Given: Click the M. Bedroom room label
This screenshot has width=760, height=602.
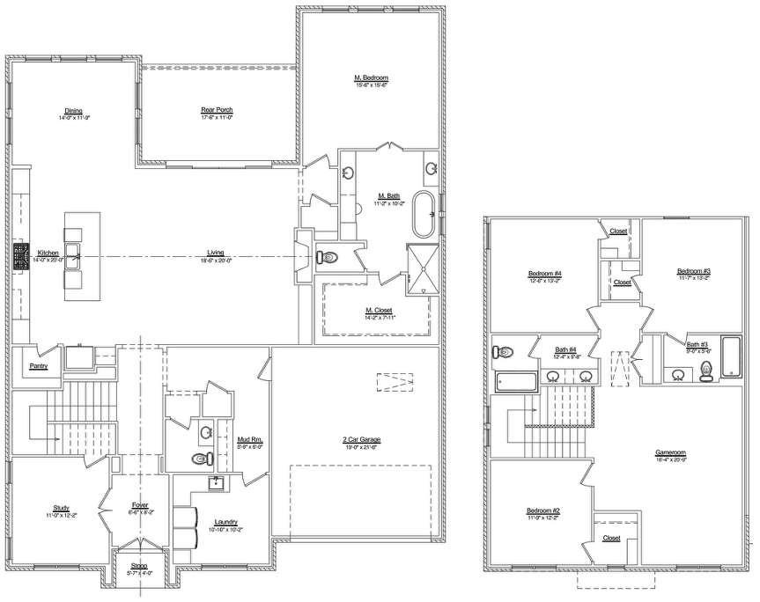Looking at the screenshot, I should (370, 77).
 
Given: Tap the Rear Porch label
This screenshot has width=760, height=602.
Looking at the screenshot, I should (217, 109).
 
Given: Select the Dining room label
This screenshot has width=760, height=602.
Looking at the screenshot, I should (74, 112).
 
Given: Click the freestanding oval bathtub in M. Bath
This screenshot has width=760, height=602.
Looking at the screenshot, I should (425, 214).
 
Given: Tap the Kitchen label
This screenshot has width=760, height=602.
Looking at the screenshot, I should (48, 252).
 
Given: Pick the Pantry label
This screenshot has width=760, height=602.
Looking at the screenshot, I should (38, 365).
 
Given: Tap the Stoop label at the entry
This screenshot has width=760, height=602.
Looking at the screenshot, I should (139, 567).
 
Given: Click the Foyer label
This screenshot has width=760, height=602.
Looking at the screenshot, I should (140, 505).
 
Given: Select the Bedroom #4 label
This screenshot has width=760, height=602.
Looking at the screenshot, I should (545, 273).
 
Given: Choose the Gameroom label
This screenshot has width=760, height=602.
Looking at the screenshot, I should (670, 453).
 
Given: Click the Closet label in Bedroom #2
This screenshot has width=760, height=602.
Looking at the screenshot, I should (611, 538).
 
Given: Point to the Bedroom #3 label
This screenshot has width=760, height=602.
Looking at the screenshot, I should (693, 270).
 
